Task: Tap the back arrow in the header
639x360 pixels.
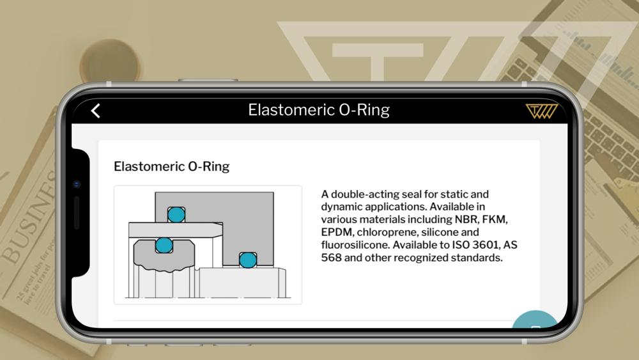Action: tap(95, 111)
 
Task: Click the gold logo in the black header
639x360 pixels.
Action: tap(541, 111)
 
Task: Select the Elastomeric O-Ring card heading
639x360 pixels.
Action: tap(171, 166)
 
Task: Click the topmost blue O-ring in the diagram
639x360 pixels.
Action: tap(176, 214)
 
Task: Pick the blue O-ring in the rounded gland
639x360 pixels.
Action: tap(164, 246)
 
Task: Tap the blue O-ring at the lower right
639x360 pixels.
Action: tap(248, 260)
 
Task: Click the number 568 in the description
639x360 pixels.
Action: tap(331, 258)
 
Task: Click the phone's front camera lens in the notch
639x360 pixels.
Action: tap(77, 184)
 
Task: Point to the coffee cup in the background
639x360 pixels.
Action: tap(110, 61)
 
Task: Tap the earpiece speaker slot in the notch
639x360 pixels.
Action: tap(77, 213)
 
